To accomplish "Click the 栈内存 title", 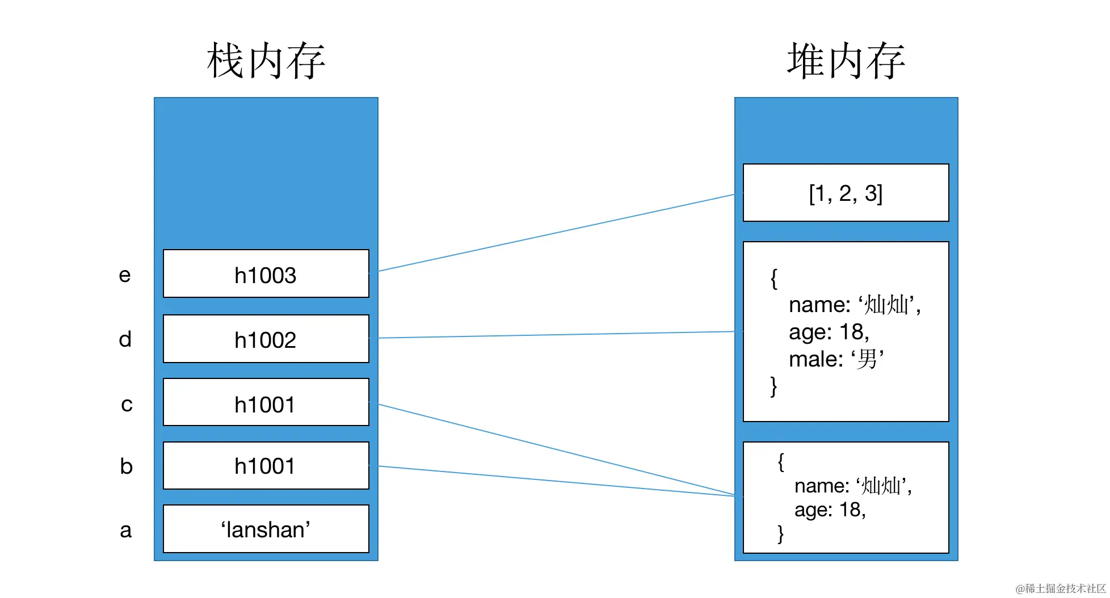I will (x=266, y=61).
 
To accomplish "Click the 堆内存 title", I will (x=846, y=61).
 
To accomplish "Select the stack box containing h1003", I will (x=266, y=274).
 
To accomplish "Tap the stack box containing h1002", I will (x=266, y=339).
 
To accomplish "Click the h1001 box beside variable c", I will (x=266, y=403).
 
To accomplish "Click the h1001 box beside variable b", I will (x=266, y=466).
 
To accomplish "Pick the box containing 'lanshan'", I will (x=266, y=529).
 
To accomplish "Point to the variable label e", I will (x=125, y=275).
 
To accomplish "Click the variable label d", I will (x=125, y=339).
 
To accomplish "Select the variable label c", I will (x=127, y=405).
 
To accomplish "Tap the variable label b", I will (x=126, y=466).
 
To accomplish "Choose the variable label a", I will (x=126, y=530).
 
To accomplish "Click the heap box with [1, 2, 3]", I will (x=846, y=193).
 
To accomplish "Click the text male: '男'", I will (x=836, y=359).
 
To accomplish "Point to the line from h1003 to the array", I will (x=556, y=233).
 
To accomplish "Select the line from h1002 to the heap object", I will (x=556, y=335).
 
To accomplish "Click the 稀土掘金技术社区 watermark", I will (x=1060, y=588).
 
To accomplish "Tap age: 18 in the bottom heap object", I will (x=830, y=510).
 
